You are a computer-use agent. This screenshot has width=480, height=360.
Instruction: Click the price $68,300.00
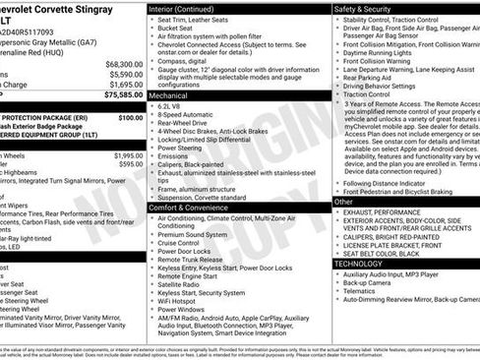tap(124, 64)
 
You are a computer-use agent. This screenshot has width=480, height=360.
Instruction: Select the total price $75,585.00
tap(123, 95)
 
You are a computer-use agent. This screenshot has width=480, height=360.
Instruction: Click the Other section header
tap(344, 201)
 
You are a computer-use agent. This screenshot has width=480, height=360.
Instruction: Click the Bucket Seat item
tap(180, 30)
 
